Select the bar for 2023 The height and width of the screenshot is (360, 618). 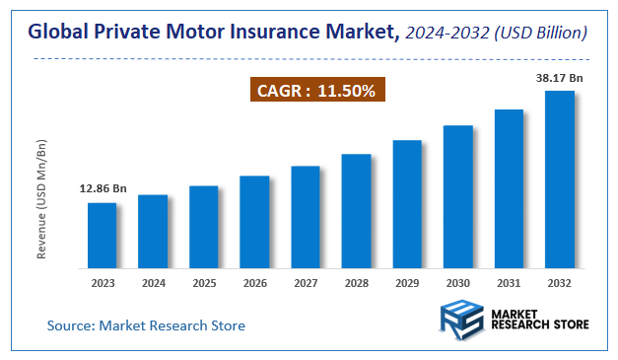click(102, 235)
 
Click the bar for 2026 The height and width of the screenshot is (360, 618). click(254, 222)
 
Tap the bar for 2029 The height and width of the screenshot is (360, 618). click(407, 203)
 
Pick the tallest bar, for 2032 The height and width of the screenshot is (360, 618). click(560, 179)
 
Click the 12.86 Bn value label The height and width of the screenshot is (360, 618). click(103, 187)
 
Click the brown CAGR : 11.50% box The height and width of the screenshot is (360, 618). click(313, 90)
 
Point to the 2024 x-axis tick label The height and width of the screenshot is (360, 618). click(153, 283)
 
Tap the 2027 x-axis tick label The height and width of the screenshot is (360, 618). click(306, 283)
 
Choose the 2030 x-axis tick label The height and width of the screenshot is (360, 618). click(458, 283)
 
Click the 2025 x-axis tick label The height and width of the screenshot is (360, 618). click(204, 283)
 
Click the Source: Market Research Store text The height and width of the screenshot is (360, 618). click(146, 325)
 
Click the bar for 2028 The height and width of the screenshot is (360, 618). click(356, 210)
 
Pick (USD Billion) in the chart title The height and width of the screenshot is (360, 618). click(544, 34)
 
